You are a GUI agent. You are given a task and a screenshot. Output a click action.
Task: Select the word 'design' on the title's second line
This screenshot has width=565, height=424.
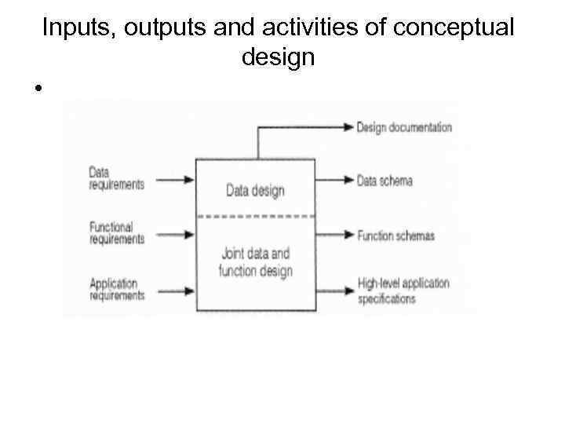tap(279, 57)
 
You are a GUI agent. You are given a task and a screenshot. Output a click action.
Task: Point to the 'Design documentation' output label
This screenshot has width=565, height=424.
tap(404, 127)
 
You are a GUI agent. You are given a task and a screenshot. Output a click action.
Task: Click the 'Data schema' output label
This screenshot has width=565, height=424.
tap(385, 180)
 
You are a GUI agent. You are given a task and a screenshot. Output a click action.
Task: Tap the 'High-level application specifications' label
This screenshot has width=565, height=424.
tap(403, 291)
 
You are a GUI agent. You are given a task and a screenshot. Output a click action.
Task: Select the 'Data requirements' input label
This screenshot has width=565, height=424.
tap(116, 178)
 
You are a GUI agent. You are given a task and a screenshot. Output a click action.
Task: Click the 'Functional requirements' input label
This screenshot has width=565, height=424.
tap(117, 233)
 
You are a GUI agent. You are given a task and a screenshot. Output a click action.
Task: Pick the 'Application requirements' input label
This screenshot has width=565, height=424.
tap(117, 289)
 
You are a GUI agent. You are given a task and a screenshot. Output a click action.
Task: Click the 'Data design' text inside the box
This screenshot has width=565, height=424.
tap(255, 190)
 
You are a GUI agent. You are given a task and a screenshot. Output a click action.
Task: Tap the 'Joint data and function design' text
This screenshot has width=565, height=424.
tap(255, 262)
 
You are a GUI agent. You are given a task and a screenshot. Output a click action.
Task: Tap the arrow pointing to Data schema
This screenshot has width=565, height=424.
tap(334, 180)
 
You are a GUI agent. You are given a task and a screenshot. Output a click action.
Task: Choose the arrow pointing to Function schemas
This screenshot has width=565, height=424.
tap(334, 234)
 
